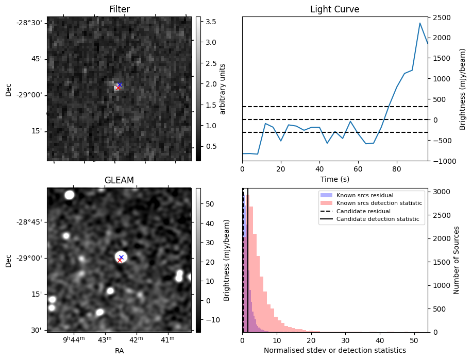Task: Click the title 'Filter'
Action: pos(119,9)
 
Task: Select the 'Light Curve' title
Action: pos(334,9)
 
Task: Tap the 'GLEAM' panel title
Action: pos(119,180)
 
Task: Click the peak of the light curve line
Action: pos(420,23)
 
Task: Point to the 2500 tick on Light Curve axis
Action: pos(442,18)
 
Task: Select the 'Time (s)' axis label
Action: pos(334,179)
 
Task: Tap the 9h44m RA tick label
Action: pos(73,339)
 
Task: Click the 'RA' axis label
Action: pos(119,351)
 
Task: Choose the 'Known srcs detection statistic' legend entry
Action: pos(379,203)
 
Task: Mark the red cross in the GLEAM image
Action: pos(120,260)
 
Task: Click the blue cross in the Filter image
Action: pos(120,84)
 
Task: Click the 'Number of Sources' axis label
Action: pos(457,260)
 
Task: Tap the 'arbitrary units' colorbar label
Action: pos(223,89)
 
